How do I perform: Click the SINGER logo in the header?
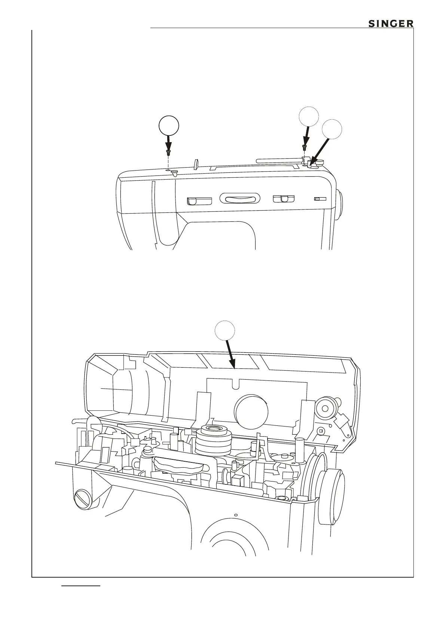pyautogui.click(x=391, y=24)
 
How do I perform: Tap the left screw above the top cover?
pyautogui.click(x=169, y=152)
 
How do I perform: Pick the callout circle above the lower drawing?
pyautogui.click(x=225, y=331)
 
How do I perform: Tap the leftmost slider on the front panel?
pyautogui.click(x=199, y=201)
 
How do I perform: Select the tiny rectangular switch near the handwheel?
pyautogui.click(x=320, y=199)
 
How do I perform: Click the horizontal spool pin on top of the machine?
pyautogui.click(x=279, y=160)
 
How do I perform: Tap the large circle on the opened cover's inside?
pyautogui.click(x=251, y=411)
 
